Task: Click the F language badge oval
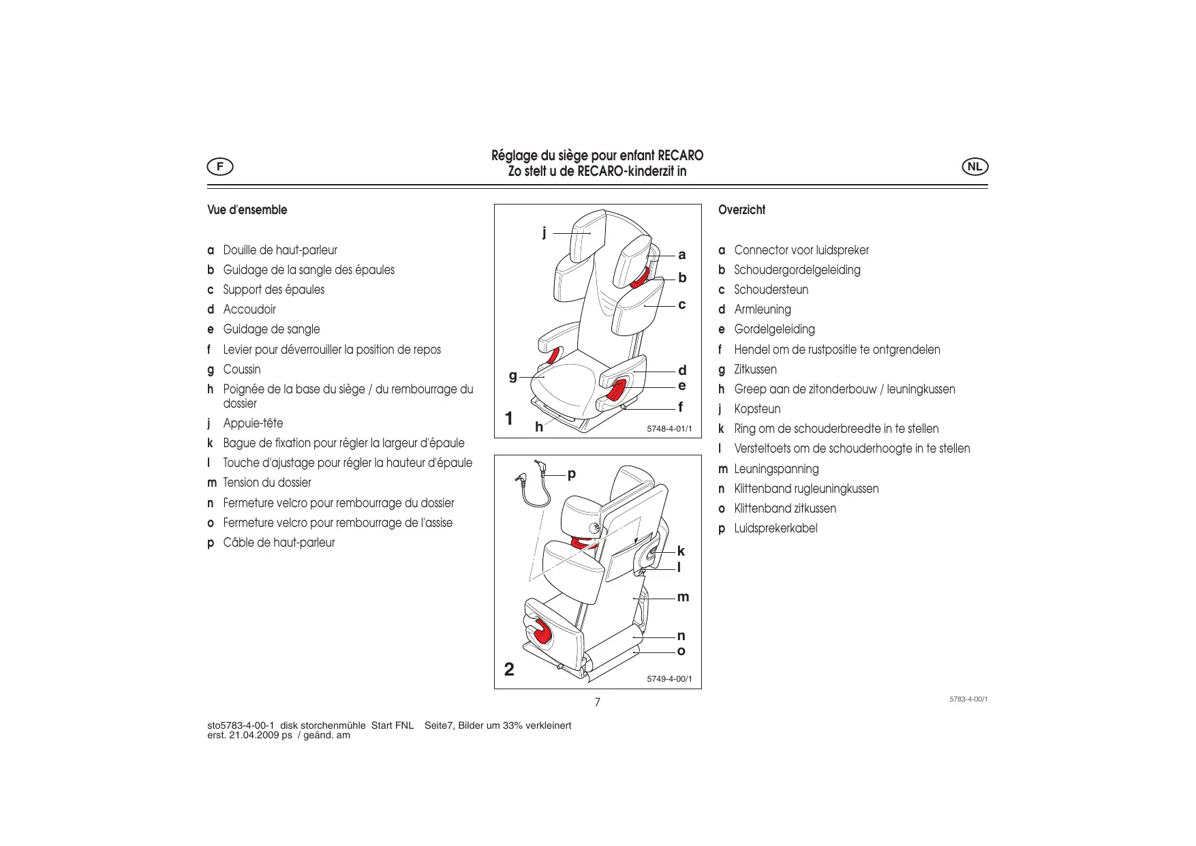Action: point(220,166)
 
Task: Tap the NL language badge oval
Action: point(975,166)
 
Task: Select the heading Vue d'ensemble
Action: point(247,210)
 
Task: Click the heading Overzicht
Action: point(741,210)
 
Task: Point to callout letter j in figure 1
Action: point(544,232)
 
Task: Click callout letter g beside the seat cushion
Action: point(512,376)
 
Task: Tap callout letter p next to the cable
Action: point(572,473)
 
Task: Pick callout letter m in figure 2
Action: point(683,597)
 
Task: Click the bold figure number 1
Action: point(508,419)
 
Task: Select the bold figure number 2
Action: point(509,669)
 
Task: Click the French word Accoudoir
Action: point(249,309)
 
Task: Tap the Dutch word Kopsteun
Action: point(757,409)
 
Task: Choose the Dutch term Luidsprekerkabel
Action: point(776,528)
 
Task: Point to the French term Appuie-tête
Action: point(253,423)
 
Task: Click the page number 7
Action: point(598,702)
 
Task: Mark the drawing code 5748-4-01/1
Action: point(669,429)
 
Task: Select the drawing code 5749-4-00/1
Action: point(669,679)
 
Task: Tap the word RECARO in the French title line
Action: point(680,155)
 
